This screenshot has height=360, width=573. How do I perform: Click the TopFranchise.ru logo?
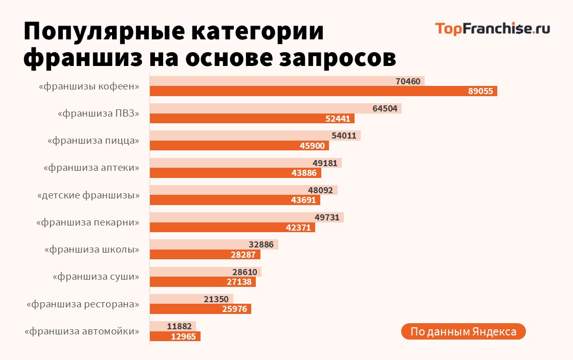click(x=492, y=28)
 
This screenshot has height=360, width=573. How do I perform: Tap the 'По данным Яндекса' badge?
click(x=463, y=331)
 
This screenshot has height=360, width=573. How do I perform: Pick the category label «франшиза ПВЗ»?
click(x=98, y=113)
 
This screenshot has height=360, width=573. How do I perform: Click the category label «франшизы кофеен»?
click(x=89, y=86)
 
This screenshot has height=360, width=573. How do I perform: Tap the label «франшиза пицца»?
click(x=93, y=140)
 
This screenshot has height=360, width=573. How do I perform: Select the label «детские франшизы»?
click(x=89, y=195)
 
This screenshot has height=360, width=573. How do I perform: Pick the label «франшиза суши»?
click(x=96, y=277)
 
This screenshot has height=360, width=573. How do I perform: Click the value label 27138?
click(x=239, y=282)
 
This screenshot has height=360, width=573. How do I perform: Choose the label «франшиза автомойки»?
click(x=82, y=331)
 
